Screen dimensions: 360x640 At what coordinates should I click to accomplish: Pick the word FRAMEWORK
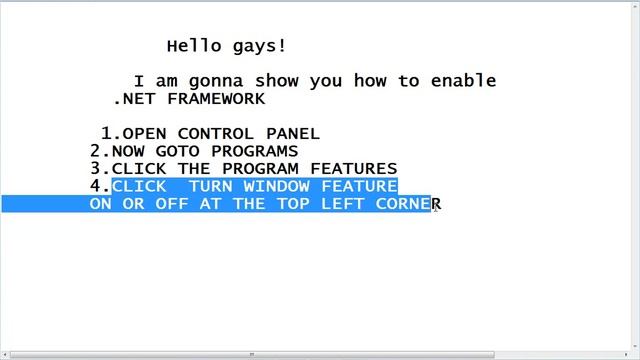click(x=216, y=99)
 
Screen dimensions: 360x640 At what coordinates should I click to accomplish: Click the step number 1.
click(x=107, y=133)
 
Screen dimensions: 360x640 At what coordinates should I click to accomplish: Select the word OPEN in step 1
click(x=144, y=133)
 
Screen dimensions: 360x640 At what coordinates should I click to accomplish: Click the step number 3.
click(x=96, y=169)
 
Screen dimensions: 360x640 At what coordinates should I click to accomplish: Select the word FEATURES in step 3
click(x=359, y=169)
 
